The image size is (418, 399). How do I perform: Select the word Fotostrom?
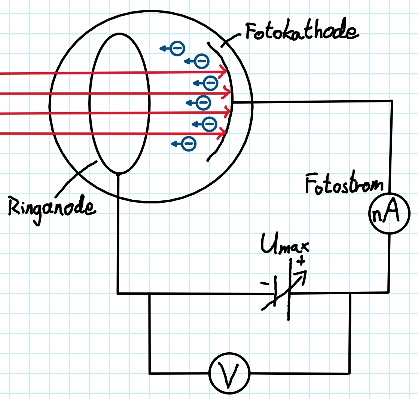pyautogui.click(x=344, y=182)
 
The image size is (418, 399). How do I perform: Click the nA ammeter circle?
pyautogui.click(x=389, y=213)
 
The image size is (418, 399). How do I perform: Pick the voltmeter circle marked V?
pyautogui.click(x=229, y=373)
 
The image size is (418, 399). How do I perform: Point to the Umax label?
pyautogui.click(x=285, y=244)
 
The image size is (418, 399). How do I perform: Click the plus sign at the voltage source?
pyautogui.click(x=301, y=260)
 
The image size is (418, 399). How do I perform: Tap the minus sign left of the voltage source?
pyautogui.click(x=265, y=283)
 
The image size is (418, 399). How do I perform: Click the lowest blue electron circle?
pyautogui.click(x=189, y=144)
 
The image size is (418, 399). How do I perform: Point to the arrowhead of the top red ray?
pyautogui.click(x=224, y=71)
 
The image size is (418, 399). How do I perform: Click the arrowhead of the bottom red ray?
pyautogui.click(x=223, y=133)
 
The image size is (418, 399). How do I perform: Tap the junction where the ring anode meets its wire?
pyautogui.click(x=119, y=174)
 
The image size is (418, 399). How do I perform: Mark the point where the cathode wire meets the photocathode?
pyautogui.click(x=232, y=102)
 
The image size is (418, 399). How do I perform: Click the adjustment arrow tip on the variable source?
pyautogui.click(x=306, y=272)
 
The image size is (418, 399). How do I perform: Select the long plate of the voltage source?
pyautogui.click(x=290, y=289)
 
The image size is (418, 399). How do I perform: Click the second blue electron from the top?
pyautogui.click(x=202, y=61)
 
